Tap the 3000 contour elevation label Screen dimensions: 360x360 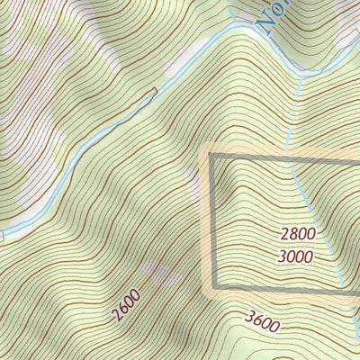click(296, 256)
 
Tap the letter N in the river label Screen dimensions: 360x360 click(267, 24)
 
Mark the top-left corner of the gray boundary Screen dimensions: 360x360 click(211, 155)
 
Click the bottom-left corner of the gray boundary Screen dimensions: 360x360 click(211, 289)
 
